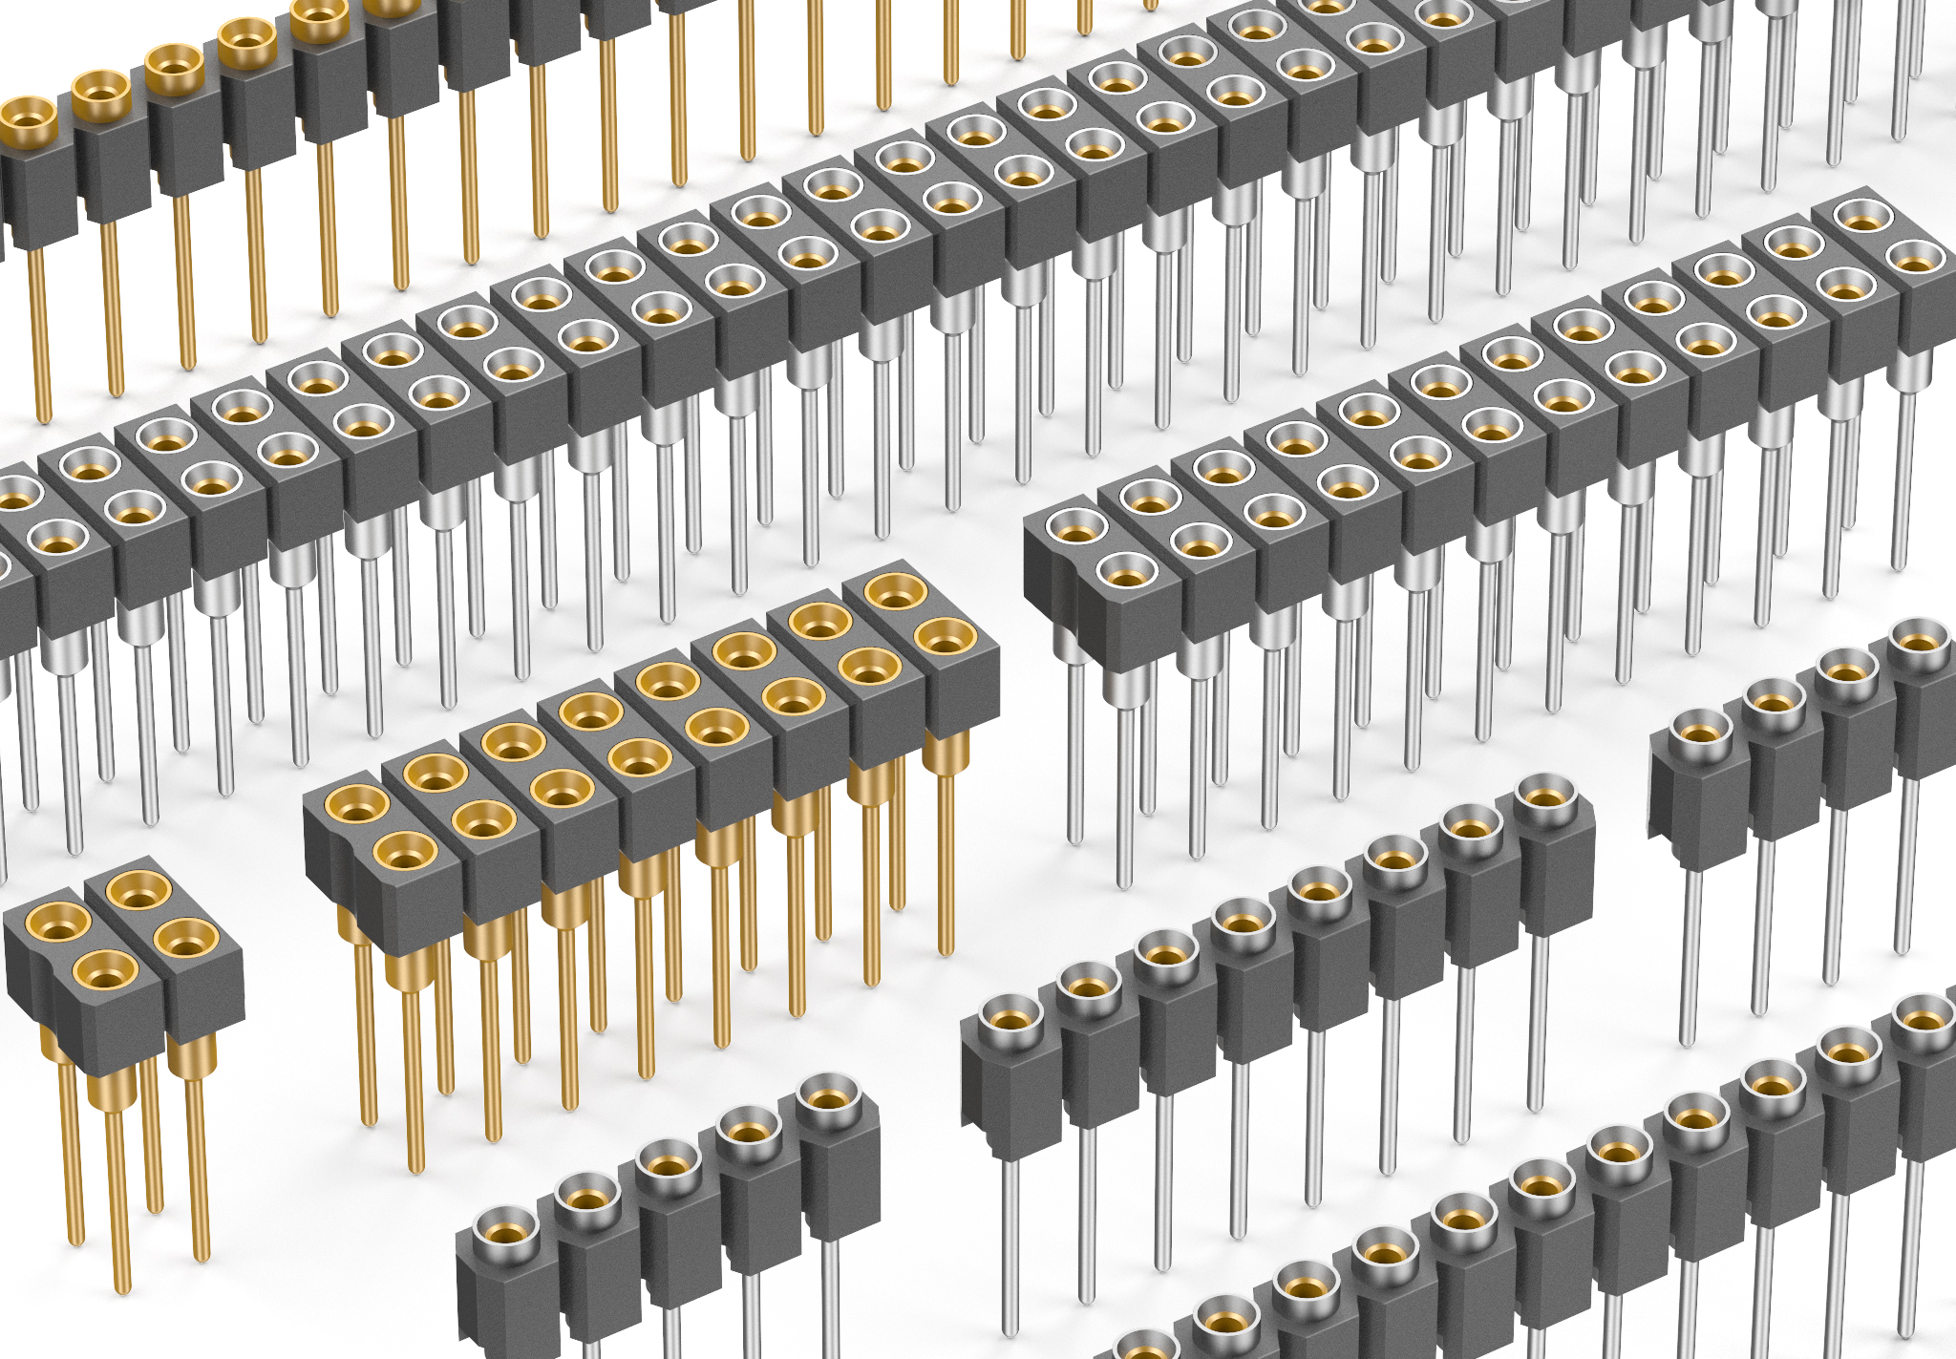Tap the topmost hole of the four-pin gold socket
point(138,890)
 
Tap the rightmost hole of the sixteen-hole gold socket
point(944,635)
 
